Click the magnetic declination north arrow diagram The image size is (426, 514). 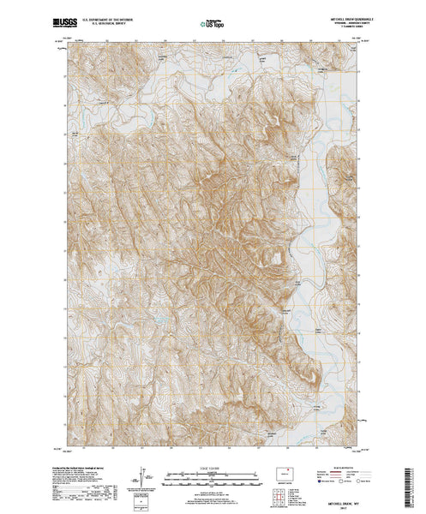(142, 475)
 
